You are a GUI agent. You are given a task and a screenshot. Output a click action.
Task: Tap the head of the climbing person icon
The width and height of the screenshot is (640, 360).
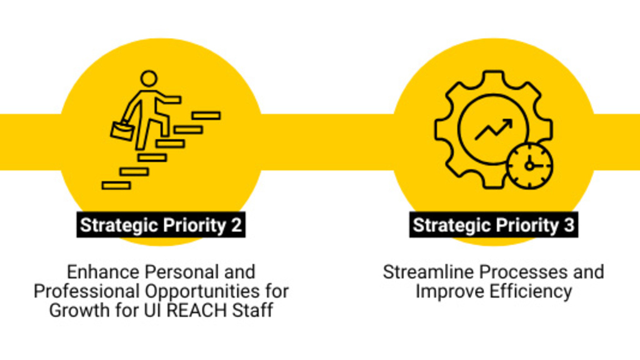coord(148,79)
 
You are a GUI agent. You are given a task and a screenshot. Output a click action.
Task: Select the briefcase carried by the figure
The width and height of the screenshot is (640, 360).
coord(122,131)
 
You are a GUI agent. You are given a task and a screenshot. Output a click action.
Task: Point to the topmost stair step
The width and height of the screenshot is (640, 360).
coord(206,115)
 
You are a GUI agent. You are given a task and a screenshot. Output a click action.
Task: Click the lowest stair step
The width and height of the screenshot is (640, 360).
coord(116,185)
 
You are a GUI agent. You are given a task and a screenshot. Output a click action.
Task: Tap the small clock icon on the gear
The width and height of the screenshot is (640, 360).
coord(529,166)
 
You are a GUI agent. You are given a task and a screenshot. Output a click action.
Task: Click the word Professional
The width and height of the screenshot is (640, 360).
coord(87,291)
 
